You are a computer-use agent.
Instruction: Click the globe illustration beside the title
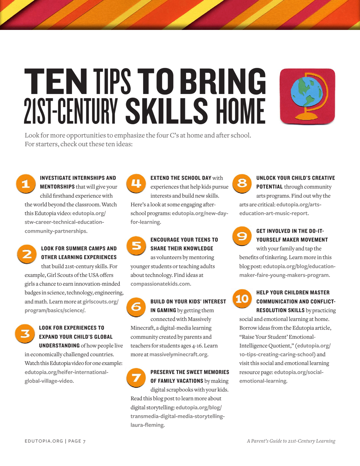(307, 96)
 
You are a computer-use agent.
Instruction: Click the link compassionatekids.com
(161, 283)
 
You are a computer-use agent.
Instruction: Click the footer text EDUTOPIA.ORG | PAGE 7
(55, 441)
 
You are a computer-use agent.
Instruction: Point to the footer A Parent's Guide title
(291, 441)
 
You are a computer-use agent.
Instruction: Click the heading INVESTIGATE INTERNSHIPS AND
(78, 178)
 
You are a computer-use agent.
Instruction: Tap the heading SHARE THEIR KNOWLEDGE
(182, 249)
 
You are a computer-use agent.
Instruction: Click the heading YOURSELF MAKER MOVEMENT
(292, 239)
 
